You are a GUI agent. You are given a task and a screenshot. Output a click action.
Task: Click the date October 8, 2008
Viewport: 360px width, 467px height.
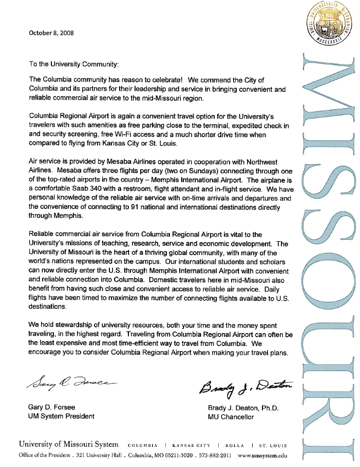point(51,33)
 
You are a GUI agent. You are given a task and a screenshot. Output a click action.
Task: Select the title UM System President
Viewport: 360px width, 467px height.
point(61,416)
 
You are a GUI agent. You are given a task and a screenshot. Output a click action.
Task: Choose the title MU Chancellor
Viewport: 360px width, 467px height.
point(230,417)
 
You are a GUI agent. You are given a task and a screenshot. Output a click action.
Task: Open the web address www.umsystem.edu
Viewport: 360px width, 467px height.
point(262,455)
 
